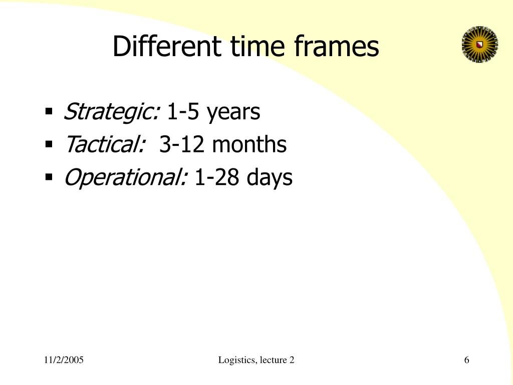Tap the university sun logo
tap(479, 45)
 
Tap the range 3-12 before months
tap(182, 145)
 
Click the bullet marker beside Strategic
tap(49, 111)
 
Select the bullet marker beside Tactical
tap(49, 144)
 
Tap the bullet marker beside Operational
tap(49, 176)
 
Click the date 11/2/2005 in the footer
tap(64, 360)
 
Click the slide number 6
tap(466, 360)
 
